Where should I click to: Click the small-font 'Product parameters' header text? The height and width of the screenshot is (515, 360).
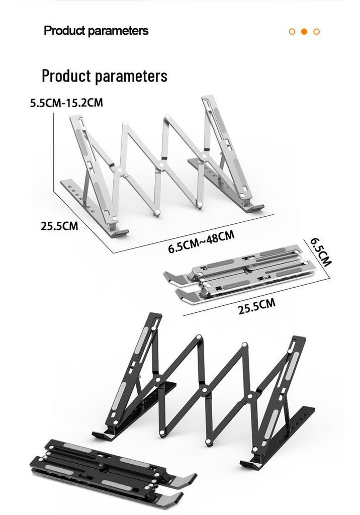(x=96, y=31)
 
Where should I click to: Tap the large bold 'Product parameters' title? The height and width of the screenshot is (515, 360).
(x=105, y=76)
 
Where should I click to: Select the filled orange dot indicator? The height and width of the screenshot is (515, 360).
(x=304, y=32)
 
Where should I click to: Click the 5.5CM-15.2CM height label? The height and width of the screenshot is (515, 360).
(x=66, y=103)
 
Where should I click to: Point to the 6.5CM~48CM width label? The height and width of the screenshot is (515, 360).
(x=201, y=242)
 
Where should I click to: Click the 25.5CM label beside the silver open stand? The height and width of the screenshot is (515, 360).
(x=59, y=226)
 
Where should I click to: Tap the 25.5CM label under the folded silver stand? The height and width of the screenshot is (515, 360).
(x=256, y=306)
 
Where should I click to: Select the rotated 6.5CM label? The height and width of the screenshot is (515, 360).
(x=321, y=252)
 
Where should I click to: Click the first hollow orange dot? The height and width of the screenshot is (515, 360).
(x=292, y=32)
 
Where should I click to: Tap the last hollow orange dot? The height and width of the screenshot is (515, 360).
(x=316, y=32)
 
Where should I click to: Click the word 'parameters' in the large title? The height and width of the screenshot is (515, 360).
(x=131, y=76)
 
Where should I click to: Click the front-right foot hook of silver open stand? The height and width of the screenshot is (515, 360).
(x=253, y=207)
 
